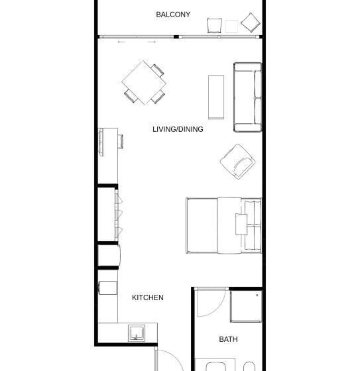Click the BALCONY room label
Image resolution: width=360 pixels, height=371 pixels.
pyautogui.click(x=173, y=15)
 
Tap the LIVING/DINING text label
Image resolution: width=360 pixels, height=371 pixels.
pyautogui.click(x=178, y=129)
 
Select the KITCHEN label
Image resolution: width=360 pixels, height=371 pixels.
pyautogui.click(x=148, y=297)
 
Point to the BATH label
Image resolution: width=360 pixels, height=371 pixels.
pyautogui.click(x=228, y=339)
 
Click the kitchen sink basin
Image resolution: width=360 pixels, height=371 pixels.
pyautogui.click(x=137, y=333)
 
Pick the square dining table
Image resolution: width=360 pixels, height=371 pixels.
pyautogui.click(x=144, y=83)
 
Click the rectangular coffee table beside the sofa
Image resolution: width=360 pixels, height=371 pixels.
pyautogui.click(x=216, y=97)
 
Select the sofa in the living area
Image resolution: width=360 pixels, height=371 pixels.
pyautogui.click(x=248, y=97)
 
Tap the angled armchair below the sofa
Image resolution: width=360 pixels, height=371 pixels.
pyautogui.click(x=237, y=162)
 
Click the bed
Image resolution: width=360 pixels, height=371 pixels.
pyautogui.click(x=224, y=225)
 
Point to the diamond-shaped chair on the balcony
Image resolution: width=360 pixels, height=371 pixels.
pyautogui.click(x=251, y=23)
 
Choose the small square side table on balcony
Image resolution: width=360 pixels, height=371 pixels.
pyautogui.click(x=231, y=26)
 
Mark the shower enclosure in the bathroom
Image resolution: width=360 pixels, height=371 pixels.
pyautogui.click(x=246, y=306)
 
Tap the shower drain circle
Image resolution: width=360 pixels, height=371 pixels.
pyautogui.click(x=257, y=295)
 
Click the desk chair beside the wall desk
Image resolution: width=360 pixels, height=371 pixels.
pyautogui.click(x=120, y=141)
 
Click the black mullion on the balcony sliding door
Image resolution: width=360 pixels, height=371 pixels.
pyautogui.click(x=176, y=36)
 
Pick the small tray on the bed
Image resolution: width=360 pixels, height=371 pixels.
pyautogui.click(x=241, y=225)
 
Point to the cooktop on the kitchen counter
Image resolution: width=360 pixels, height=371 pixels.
pyautogui.click(x=108, y=288)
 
